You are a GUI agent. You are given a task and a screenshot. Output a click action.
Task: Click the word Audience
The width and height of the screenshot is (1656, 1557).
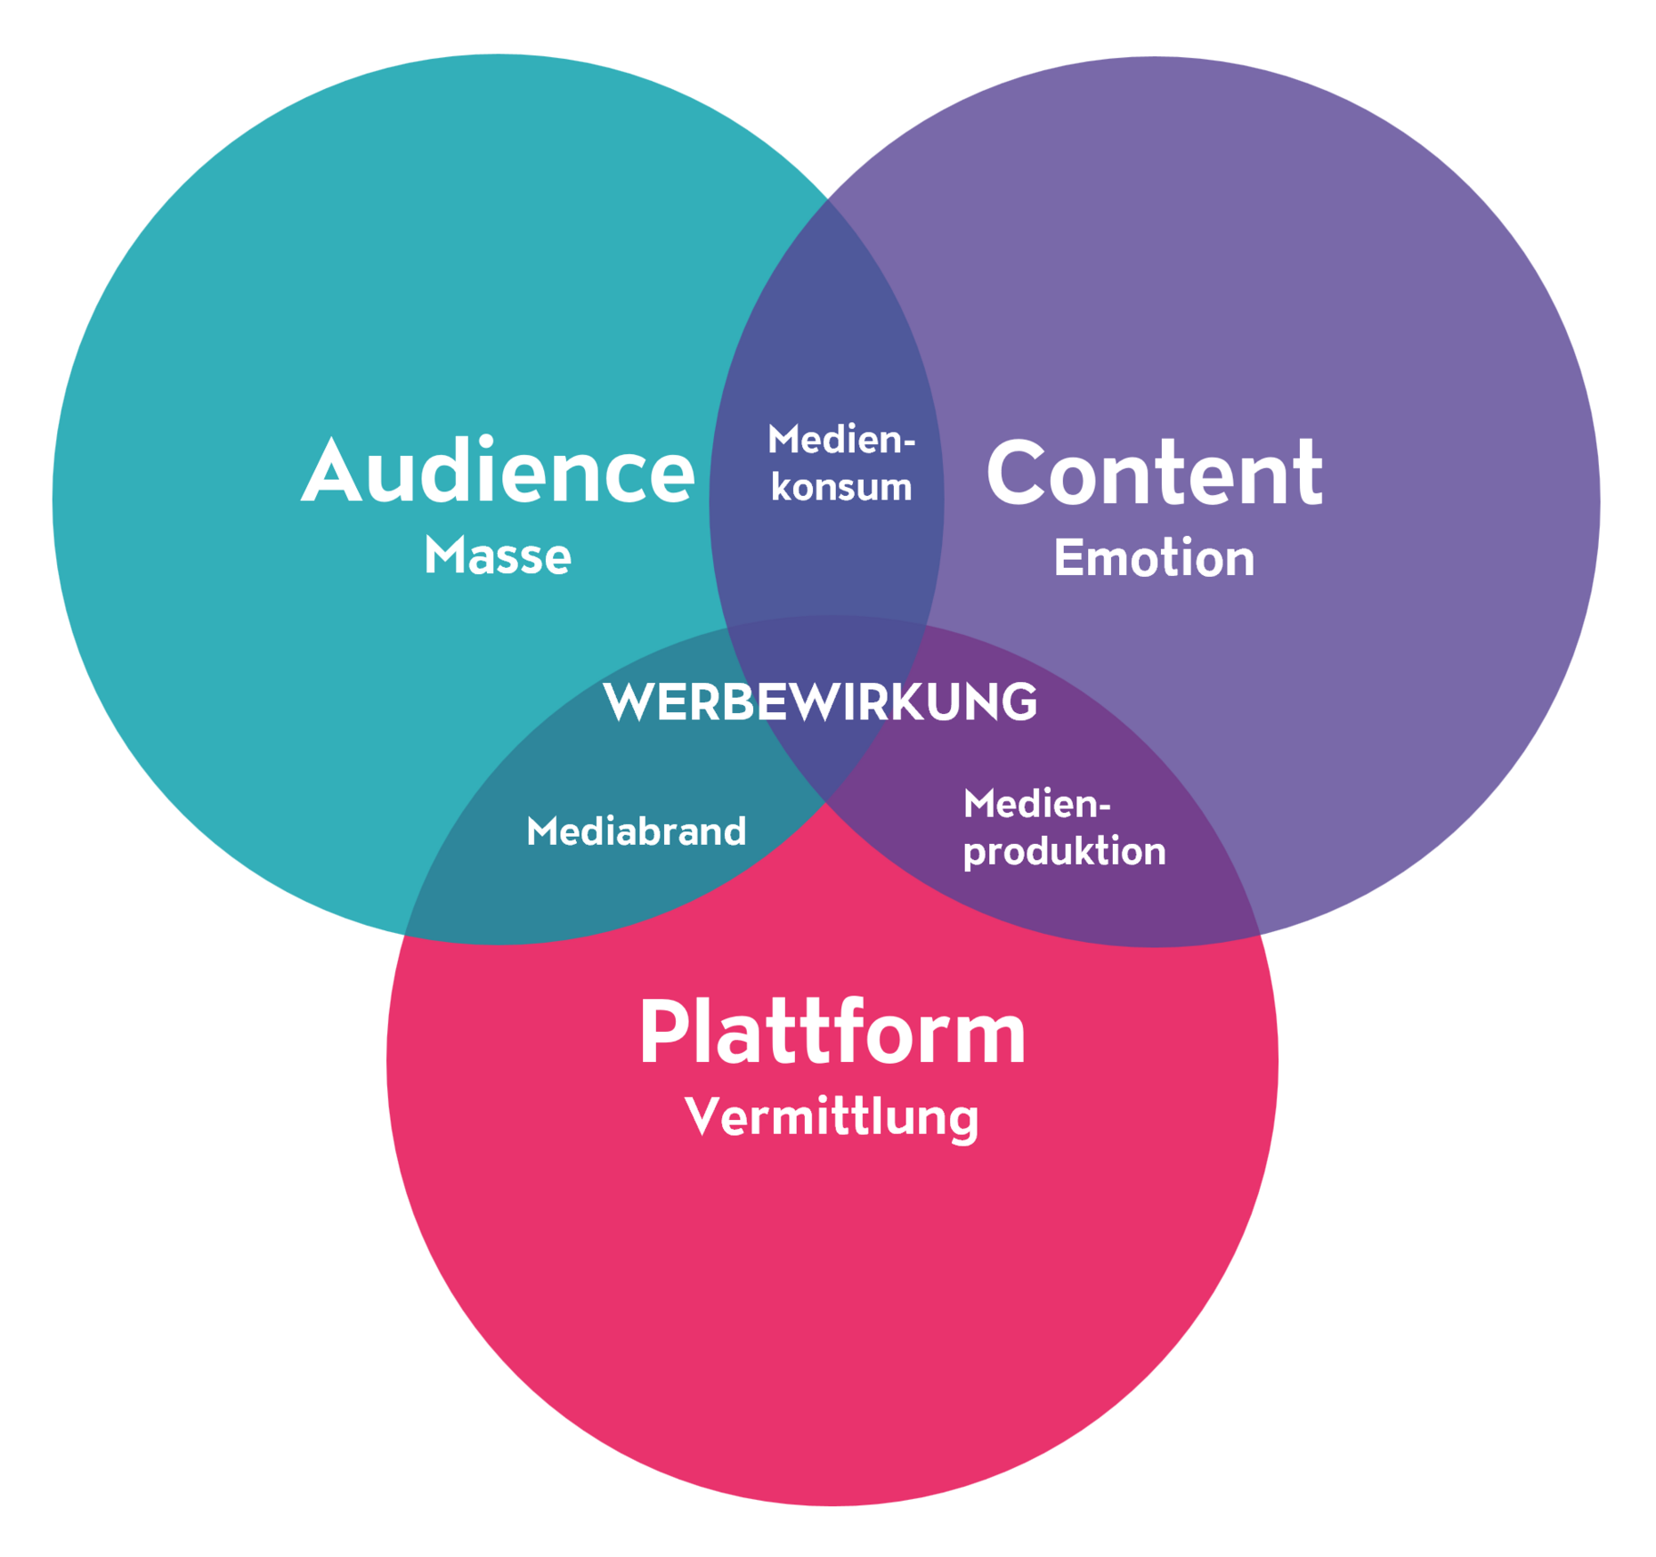tap(498, 473)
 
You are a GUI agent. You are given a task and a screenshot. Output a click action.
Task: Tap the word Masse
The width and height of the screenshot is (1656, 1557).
tap(498, 557)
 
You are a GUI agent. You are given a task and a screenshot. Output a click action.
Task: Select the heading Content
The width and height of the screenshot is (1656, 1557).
tap(1154, 474)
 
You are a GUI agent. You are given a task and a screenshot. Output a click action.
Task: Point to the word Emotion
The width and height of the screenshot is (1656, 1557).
tap(1154, 559)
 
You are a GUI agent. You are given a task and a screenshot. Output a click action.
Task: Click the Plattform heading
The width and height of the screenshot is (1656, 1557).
tap(832, 1033)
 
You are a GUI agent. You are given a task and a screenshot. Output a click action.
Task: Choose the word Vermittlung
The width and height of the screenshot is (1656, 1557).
tap(832, 1116)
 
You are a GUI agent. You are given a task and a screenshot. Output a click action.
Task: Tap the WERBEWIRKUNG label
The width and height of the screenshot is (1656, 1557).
tap(820, 702)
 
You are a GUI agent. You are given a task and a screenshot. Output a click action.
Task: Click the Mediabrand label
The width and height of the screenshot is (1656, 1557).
tap(636, 831)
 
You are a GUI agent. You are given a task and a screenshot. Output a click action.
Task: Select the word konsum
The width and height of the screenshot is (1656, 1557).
tap(841, 488)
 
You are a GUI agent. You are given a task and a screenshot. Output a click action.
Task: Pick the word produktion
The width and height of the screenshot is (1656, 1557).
tap(1064, 852)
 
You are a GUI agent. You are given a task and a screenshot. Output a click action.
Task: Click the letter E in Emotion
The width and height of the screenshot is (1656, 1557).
tap(1067, 559)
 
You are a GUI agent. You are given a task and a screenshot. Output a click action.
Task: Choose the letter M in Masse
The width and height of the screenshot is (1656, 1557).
tap(442, 557)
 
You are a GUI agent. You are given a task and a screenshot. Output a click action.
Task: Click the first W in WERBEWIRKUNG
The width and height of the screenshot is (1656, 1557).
tap(629, 702)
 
